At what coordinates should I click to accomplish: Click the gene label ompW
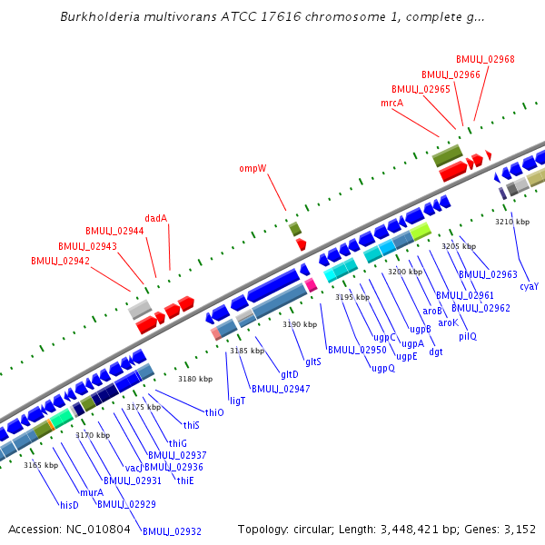[x=253, y=168]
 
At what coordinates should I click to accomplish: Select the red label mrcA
[x=391, y=104]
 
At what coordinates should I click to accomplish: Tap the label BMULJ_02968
[x=485, y=59]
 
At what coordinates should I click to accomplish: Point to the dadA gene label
[x=156, y=218]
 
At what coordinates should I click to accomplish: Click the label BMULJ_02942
[x=60, y=261]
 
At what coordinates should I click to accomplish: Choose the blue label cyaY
[x=529, y=286]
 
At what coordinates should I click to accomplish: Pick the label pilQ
[x=467, y=336]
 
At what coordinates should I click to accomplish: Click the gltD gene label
[x=289, y=374]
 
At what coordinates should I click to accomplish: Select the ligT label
[x=238, y=400]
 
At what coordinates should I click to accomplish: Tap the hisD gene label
[x=69, y=505]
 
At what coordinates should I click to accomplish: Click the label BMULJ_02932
[x=172, y=531]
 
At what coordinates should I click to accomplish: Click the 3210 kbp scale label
[x=512, y=222]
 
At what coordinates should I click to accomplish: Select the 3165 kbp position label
[x=41, y=465]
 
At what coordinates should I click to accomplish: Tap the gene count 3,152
[x=519, y=529]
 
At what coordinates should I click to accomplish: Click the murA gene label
[x=92, y=492]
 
